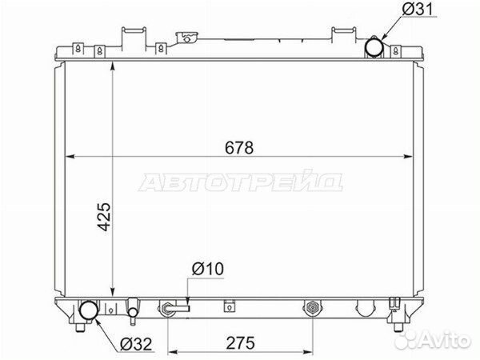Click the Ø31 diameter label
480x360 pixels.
click(418, 10)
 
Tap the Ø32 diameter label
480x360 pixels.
click(136, 344)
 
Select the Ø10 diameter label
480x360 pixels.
click(208, 269)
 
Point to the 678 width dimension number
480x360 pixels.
click(239, 148)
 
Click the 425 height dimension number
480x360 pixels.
click(104, 217)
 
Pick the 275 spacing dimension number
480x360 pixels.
click(240, 343)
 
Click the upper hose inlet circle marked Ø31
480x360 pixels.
click(374, 48)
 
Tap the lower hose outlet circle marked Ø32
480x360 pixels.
click(89, 310)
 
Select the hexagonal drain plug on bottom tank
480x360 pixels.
click(312, 306)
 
